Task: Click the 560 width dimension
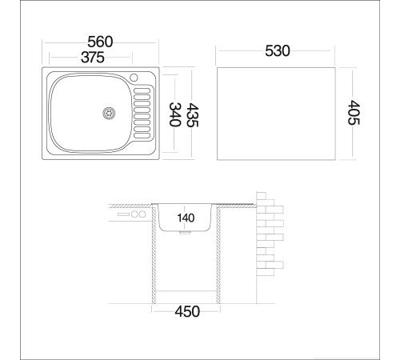(x=101, y=42)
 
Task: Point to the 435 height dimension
(x=193, y=114)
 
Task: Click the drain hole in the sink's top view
(x=107, y=114)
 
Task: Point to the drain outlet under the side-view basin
(x=186, y=234)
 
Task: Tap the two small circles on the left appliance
(x=139, y=214)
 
